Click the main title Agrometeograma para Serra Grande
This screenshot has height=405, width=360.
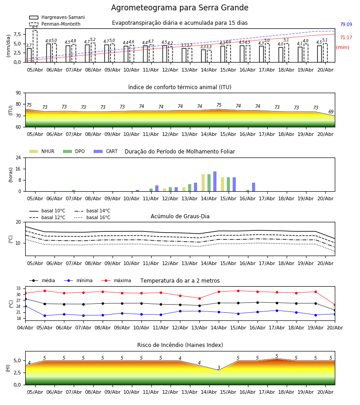click(180, 8)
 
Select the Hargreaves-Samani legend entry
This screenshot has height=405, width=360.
click(57, 17)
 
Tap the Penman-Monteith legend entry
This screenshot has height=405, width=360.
click(55, 24)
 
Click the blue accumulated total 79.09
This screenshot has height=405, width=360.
click(346, 25)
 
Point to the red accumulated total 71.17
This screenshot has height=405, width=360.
click(346, 37)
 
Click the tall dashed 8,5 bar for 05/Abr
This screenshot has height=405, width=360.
click(35, 46)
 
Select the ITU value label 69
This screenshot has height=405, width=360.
click(331, 112)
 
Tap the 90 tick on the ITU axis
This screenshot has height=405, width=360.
click(18, 93)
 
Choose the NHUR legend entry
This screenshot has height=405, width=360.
click(42, 151)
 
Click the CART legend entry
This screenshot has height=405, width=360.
click(106, 151)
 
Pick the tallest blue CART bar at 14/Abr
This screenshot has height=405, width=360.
click(215, 181)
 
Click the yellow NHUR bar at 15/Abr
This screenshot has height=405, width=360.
click(223, 184)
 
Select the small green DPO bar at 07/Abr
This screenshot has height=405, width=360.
click(74, 191)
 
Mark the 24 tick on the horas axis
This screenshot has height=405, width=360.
click(18, 157)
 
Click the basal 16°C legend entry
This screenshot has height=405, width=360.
click(92, 217)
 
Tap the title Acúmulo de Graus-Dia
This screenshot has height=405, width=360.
click(180, 216)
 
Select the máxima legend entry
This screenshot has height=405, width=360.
click(117, 280)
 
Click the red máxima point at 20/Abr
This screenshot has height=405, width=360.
click(335, 305)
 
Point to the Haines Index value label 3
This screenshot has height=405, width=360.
click(219, 368)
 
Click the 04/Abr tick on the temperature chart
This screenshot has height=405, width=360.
click(25, 328)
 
